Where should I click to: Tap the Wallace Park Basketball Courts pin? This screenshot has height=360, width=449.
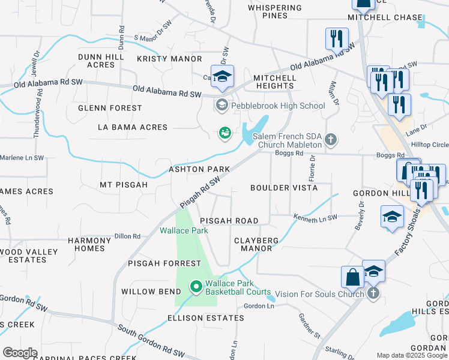(x=195, y=287)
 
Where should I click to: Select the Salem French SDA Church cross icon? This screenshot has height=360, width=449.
(x=330, y=140)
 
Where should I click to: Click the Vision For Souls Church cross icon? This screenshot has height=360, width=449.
(x=373, y=293)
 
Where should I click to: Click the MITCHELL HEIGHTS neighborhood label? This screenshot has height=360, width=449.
(x=274, y=82)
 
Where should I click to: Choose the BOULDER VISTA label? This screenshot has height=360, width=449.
(x=284, y=188)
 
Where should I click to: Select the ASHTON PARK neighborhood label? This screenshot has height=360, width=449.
(x=199, y=169)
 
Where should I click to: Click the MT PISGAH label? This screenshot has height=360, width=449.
(x=124, y=185)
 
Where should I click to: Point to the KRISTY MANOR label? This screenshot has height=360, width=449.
(x=169, y=59)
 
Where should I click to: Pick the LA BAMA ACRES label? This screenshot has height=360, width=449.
(x=133, y=128)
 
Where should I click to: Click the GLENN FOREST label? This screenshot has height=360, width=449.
(x=110, y=108)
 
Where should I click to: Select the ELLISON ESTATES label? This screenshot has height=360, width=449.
(x=205, y=318)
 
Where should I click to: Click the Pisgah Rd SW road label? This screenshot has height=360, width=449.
(x=202, y=191)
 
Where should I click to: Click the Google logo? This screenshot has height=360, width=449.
(x=20, y=352)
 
